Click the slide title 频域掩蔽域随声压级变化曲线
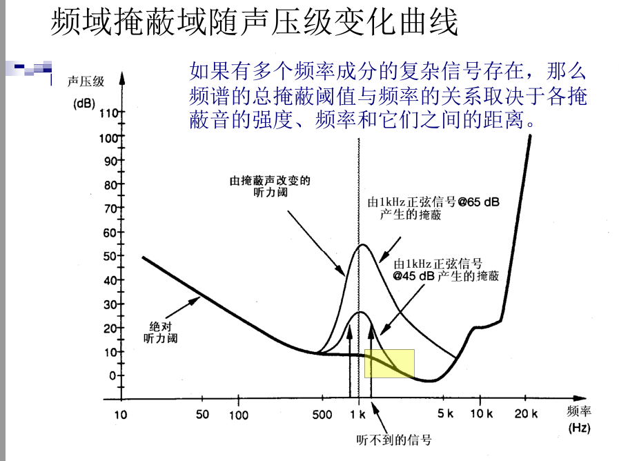point(254,23)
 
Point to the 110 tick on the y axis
point(110,113)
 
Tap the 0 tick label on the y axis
point(113,375)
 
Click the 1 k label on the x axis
point(357,415)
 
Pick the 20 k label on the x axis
point(525,415)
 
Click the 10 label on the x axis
point(121,415)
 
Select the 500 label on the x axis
point(322,415)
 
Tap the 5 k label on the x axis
point(445,415)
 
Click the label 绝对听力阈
point(160,332)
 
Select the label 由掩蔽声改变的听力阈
point(270,186)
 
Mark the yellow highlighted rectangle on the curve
point(389,363)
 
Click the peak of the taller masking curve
point(362,245)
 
